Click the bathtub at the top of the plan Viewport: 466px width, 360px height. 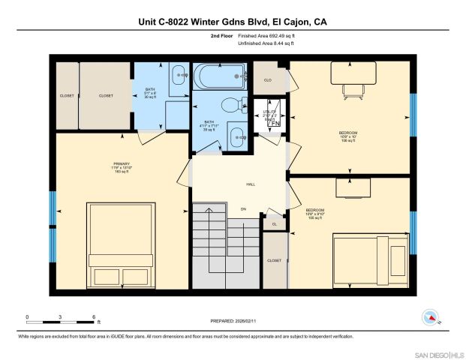pyautogui.click(x=219, y=76)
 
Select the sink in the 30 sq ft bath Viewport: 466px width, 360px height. pyautogui.click(x=179, y=74)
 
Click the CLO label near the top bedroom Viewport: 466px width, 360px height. pyautogui.click(x=267, y=79)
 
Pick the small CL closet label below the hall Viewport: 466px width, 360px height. pyautogui.click(x=274, y=223)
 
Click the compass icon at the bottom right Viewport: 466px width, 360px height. pyautogui.click(x=431, y=318)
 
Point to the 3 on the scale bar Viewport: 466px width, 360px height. pyautogui.click(x=60, y=317)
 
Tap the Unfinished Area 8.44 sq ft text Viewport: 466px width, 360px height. pyautogui.click(x=266, y=43)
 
